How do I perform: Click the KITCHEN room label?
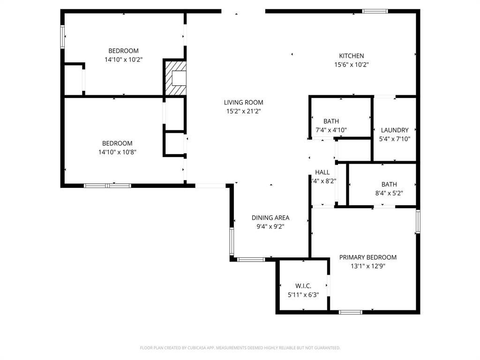(351, 56)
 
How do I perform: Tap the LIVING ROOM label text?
(243, 102)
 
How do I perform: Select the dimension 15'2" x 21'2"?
(243, 112)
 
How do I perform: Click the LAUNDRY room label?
(394, 130)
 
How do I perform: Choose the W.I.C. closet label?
(303, 286)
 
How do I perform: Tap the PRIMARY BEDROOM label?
(367, 257)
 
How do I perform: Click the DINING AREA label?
(270, 217)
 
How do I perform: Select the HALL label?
(322, 172)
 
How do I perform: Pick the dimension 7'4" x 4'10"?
(330, 130)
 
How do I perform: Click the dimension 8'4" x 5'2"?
(389, 193)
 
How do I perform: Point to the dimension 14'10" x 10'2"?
(123, 60)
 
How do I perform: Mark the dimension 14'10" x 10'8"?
(117, 152)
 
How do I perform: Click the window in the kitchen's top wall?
(375, 11)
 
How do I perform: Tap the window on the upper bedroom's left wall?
(62, 37)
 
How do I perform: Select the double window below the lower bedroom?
(107, 186)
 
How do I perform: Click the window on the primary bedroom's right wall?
(418, 221)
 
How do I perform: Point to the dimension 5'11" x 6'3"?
(303, 295)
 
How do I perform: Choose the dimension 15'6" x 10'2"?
(351, 65)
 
